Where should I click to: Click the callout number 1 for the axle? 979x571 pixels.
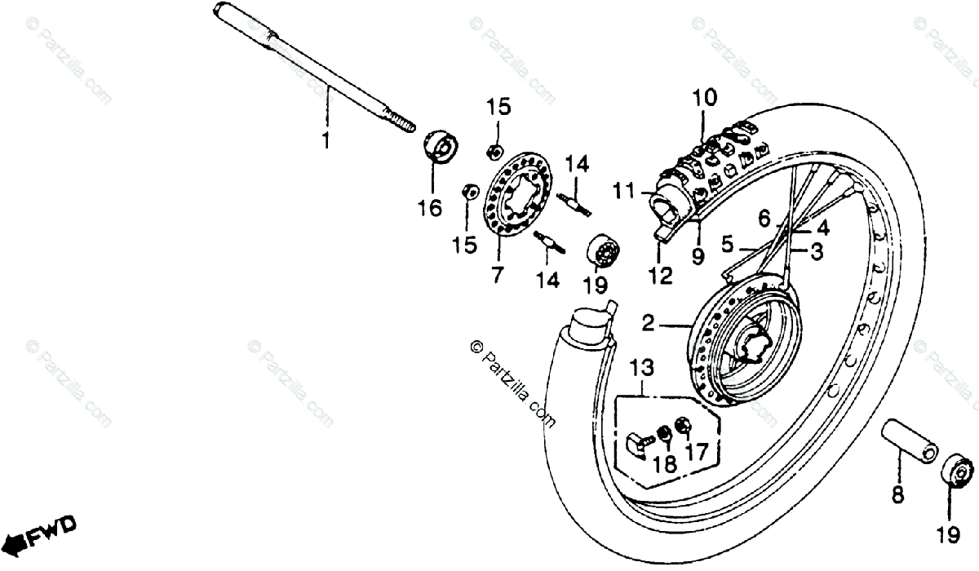tap(326, 142)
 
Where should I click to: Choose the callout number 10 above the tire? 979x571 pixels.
tap(706, 99)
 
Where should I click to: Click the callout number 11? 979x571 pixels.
tap(623, 192)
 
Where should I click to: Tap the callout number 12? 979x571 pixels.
tap(660, 277)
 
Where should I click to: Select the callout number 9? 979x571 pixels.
tap(698, 257)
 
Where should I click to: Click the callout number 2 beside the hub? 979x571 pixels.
tap(648, 325)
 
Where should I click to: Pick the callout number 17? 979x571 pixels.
tap(697, 450)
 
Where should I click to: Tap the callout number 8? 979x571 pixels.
tap(897, 493)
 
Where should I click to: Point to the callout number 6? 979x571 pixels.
tap(764, 218)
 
